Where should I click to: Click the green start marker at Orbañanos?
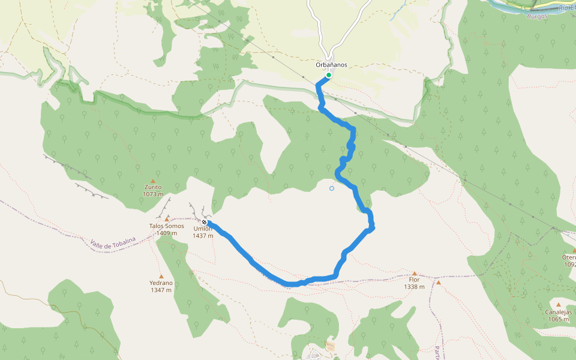(x=329, y=75)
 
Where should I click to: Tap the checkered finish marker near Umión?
(x=205, y=223)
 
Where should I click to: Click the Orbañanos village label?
(x=331, y=65)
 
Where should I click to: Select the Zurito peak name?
(x=153, y=187)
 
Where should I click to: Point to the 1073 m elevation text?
(x=153, y=194)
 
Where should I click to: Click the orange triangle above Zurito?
(x=153, y=181)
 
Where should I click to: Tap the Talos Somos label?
(x=167, y=226)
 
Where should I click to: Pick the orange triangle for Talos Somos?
(x=167, y=219)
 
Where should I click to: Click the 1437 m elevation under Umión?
(x=203, y=236)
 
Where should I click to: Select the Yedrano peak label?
(x=161, y=283)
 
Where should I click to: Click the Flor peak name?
(x=414, y=280)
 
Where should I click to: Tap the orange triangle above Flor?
(x=414, y=273)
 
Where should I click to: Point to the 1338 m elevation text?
(x=414, y=287)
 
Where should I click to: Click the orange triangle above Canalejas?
(x=559, y=305)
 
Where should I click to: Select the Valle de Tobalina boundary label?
(x=113, y=241)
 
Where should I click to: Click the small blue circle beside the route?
(x=332, y=188)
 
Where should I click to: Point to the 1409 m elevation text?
(x=167, y=233)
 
